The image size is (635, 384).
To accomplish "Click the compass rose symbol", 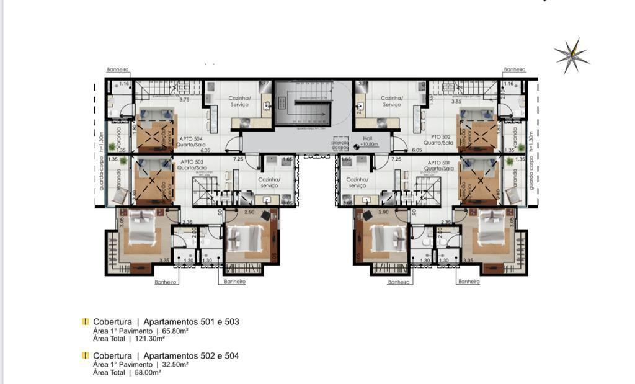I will point(571,56).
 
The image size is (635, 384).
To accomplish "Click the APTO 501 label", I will point(439,164).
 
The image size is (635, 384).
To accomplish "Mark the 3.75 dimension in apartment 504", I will point(184,99).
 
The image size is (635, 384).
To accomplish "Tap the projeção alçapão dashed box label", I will point(341,143).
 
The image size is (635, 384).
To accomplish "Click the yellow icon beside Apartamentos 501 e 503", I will point(86,322).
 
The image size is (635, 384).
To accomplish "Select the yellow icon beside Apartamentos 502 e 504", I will point(86,355).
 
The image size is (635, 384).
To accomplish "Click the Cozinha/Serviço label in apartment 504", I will point(239,101).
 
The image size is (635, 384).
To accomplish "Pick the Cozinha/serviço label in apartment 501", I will point(357,182).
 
